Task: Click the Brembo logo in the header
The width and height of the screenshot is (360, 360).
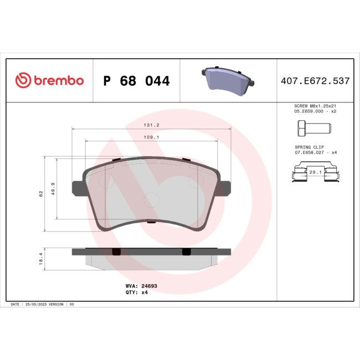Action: pyautogui.click(x=49, y=81)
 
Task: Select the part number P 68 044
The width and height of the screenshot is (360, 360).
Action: pyautogui.click(x=136, y=81)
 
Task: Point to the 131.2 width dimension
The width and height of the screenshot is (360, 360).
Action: pyautogui.click(x=151, y=125)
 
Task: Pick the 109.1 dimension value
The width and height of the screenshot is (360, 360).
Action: pyautogui.click(x=151, y=137)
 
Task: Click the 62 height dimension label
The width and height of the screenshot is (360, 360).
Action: pyautogui.click(x=40, y=194)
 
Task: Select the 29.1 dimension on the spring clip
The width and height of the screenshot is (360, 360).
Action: pyautogui.click(x=315, y=173)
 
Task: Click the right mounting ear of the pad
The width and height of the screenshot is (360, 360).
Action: pyautogui.click(x=225, y=187)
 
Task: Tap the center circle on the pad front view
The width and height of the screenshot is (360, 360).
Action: pyautogui.click(x=151, y=200)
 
